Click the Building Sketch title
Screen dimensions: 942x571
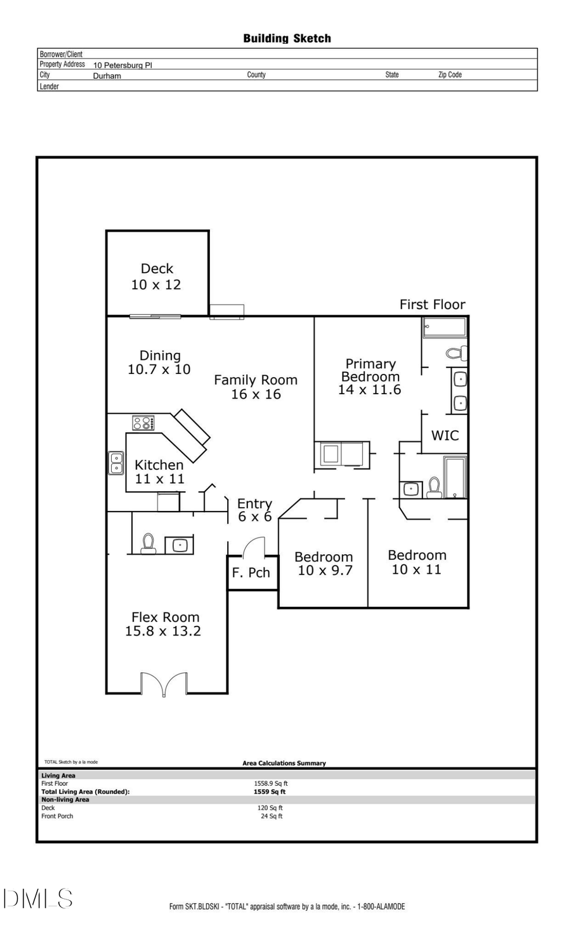point(287,39)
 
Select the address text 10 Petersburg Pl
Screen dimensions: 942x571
point(122,65)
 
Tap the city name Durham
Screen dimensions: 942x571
point(107,76)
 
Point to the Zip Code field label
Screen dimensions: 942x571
point(450,75)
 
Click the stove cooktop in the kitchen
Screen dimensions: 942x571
point(143,423)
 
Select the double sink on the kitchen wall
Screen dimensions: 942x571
point(116,463)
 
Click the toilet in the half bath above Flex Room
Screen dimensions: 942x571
point(148,543)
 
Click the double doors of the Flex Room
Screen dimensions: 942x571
point(164,684)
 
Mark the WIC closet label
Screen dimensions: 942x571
point(445,435)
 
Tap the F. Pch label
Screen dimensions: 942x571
point(251,573)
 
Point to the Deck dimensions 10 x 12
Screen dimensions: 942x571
point(156,285)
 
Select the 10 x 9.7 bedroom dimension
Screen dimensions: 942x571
point(325,571)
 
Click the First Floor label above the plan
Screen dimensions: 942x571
point(432,305)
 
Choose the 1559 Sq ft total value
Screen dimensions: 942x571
point(270,792)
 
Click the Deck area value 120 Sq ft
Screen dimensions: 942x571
point(270,808)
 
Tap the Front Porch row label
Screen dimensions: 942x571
point(57,816)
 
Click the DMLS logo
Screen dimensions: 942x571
point(38,899)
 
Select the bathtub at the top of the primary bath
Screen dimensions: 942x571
point(445,328)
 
